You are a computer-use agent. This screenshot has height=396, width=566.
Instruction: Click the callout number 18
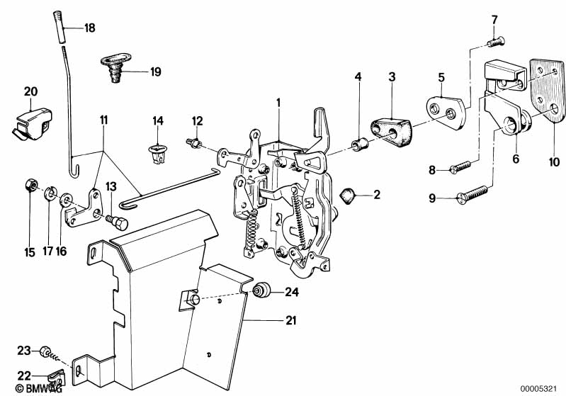click(89, 29)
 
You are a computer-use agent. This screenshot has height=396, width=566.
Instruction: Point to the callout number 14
click(157, 121)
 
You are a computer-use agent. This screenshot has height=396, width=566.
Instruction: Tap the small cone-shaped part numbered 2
click(347, 194)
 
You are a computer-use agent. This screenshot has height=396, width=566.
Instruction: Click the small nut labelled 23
click(44, 351)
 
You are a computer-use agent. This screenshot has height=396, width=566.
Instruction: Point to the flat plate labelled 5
click(446, 108)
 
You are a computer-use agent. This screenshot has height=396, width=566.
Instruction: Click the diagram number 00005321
click(540, 389)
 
